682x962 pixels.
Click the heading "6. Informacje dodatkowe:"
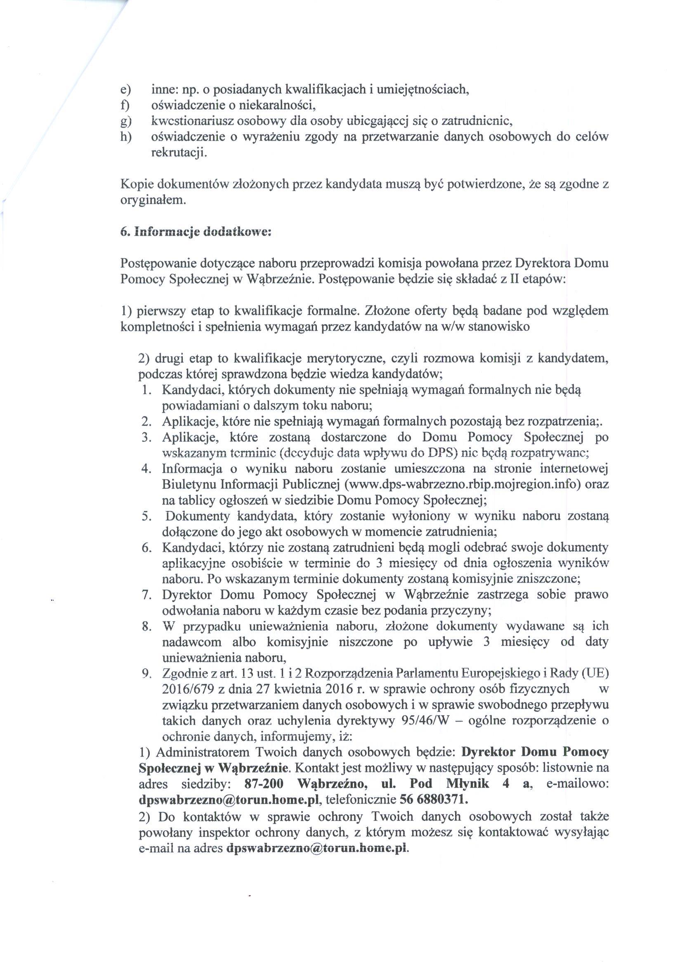(x=196, y=232)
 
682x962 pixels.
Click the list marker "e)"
(x=125, y=90)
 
